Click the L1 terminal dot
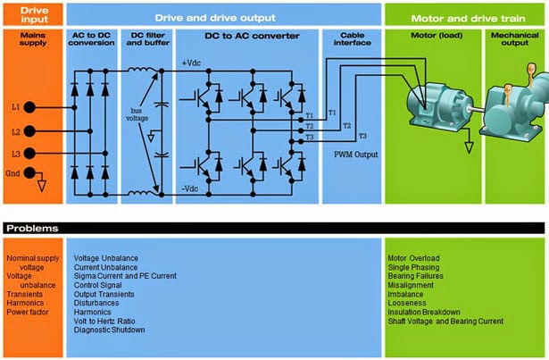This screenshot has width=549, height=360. click(30, 106)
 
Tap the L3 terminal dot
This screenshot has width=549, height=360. click(30, 153)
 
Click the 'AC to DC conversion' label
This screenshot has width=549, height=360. click(92, 39)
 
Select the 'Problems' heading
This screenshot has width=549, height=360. click(31, 228)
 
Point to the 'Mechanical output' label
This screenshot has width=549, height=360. click(514, 39)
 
